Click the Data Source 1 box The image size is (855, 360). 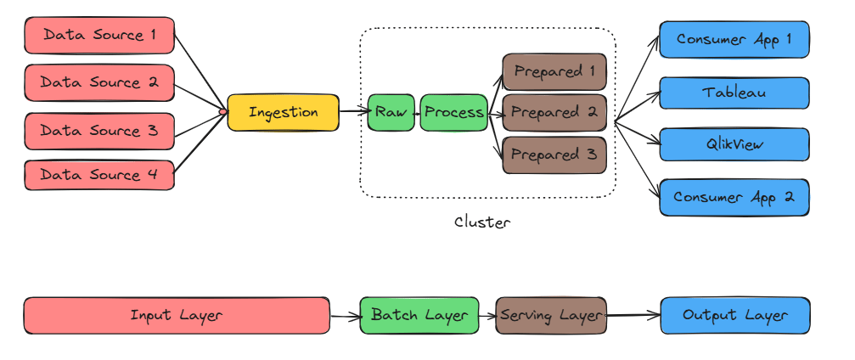[99, 36]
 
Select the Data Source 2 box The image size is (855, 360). [99, 83]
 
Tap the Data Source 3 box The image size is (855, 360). [99, 131]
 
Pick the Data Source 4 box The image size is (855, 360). [99, 175]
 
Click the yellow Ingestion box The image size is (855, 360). [283, 112]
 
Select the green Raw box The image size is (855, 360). [391, 112]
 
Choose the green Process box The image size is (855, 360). [454, 112]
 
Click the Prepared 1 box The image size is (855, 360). [554, 71]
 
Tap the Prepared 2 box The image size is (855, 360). [554, 112]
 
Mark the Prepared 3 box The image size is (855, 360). [554, 155]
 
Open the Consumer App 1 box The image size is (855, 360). [734, 39]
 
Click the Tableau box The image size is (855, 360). [734, 92]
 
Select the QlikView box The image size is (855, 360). [734, 144]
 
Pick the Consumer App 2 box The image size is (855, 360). [734, 197]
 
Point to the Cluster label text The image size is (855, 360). [483, 223]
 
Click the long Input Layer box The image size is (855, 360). [177, 315]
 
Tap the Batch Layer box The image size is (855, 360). [419, 315]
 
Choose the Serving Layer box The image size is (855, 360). [551, 315]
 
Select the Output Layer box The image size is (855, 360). [734, 315]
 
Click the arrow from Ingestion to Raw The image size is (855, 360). [353, 111]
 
